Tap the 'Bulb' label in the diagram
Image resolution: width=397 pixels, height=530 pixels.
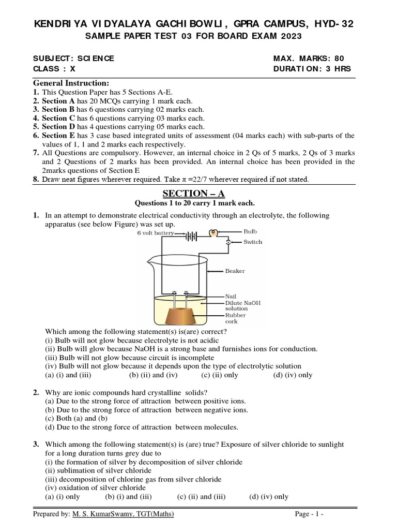coord(250,231)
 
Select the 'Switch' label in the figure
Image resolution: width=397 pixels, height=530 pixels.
coord(253,242)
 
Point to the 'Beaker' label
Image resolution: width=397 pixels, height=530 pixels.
coord(235,271)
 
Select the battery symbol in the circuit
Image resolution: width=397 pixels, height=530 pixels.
coord(191,236)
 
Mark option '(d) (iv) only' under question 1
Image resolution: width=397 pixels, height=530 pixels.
coord(293,375)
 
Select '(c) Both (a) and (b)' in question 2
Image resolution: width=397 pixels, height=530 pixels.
coord(77,418)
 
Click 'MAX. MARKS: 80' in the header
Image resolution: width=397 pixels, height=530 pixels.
coord(308,58)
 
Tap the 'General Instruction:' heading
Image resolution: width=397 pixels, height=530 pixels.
coord(71,83)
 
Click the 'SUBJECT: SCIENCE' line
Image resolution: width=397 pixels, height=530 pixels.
coord(73,58)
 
